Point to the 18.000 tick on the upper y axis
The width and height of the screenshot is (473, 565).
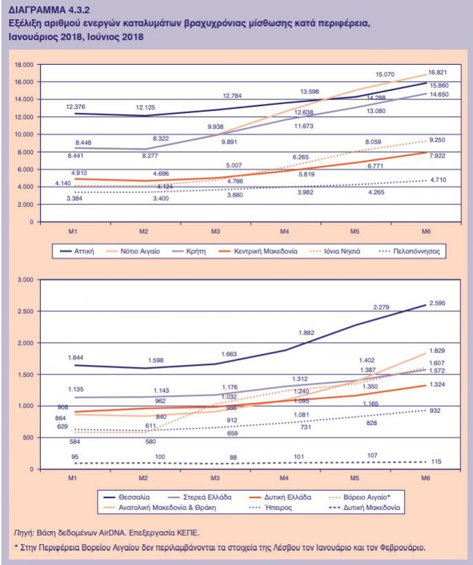tap(24, 64)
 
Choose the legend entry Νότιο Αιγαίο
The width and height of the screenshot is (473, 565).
tap(141, 252)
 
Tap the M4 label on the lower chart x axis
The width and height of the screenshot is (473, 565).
tap(283, 477)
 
